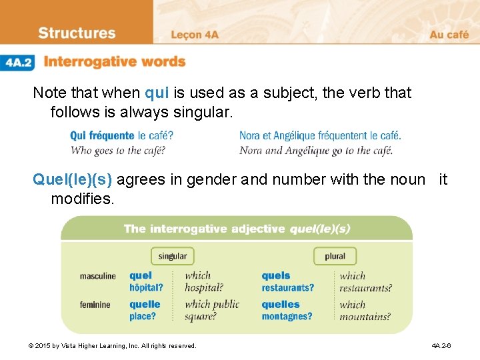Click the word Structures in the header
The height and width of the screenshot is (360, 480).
(77, 33)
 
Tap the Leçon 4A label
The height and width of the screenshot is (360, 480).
(195, 35)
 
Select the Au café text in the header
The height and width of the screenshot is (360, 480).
(449, 35)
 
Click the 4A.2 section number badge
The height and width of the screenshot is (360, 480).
(19, 63)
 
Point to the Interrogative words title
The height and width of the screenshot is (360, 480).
(115, 62)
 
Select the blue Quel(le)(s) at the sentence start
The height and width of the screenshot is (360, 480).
(73, 179)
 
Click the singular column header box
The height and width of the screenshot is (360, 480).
(173, 256)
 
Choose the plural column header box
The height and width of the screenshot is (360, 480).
(335, 256)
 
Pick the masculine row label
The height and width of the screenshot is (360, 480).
(97, 276)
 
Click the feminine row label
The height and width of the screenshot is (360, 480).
(95, 305)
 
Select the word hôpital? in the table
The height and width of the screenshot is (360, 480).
(146, 288)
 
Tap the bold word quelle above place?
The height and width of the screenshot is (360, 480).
(145, 305)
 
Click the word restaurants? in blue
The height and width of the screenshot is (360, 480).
(287, 288)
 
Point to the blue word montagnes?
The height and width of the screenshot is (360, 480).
(287, 317)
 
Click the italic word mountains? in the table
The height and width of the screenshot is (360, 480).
(365, 317)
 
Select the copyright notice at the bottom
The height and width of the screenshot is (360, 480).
(112, 346)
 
